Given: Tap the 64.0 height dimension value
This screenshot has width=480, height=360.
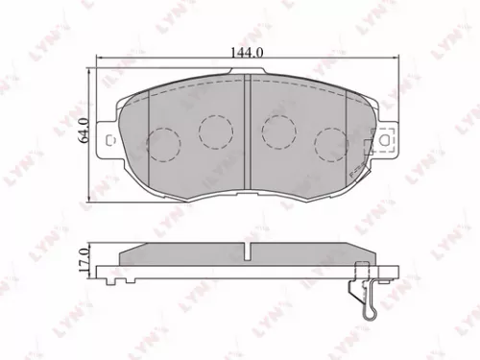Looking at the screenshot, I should click(x=84, y=129).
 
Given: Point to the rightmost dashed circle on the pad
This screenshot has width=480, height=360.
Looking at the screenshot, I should click(x=330, y=143).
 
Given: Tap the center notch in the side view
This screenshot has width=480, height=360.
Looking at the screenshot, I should click(x=248, y=252).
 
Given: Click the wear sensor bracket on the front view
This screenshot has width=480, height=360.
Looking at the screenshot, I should click(x=366, y=148).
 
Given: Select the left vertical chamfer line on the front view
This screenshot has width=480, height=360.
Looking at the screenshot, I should click(x=151, y=134).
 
